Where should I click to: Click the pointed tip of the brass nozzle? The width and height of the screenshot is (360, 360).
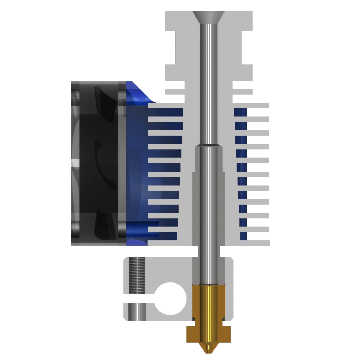pyautogui.click(x=208, y=351)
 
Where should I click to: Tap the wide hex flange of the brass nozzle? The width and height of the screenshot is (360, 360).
pyautogui.click(x=208, y=334)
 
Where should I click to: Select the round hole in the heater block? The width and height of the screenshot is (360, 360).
pyautogui.click(x=170, y=299)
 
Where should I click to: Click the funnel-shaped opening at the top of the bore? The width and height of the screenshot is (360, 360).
pyautogui.click(x=208, y=17)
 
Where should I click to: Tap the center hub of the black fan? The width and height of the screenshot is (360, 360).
pyautogui.click(x=98, y=162)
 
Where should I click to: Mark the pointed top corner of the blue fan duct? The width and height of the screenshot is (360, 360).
pyautogui.click(x=130, y=83)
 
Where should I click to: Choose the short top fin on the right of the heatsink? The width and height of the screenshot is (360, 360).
pyautogui.click(x=242, y=91)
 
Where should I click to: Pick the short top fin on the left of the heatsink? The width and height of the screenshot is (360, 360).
pyautogui.click(x=175, y=91)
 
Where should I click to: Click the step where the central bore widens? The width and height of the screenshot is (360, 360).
pyautogui.click(x=208, y=146)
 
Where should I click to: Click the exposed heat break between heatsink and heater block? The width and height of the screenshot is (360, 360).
pyautogui.click(x=208, y=251)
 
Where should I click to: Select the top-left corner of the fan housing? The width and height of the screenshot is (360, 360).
pyautogui.click(x=73, y=83)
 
